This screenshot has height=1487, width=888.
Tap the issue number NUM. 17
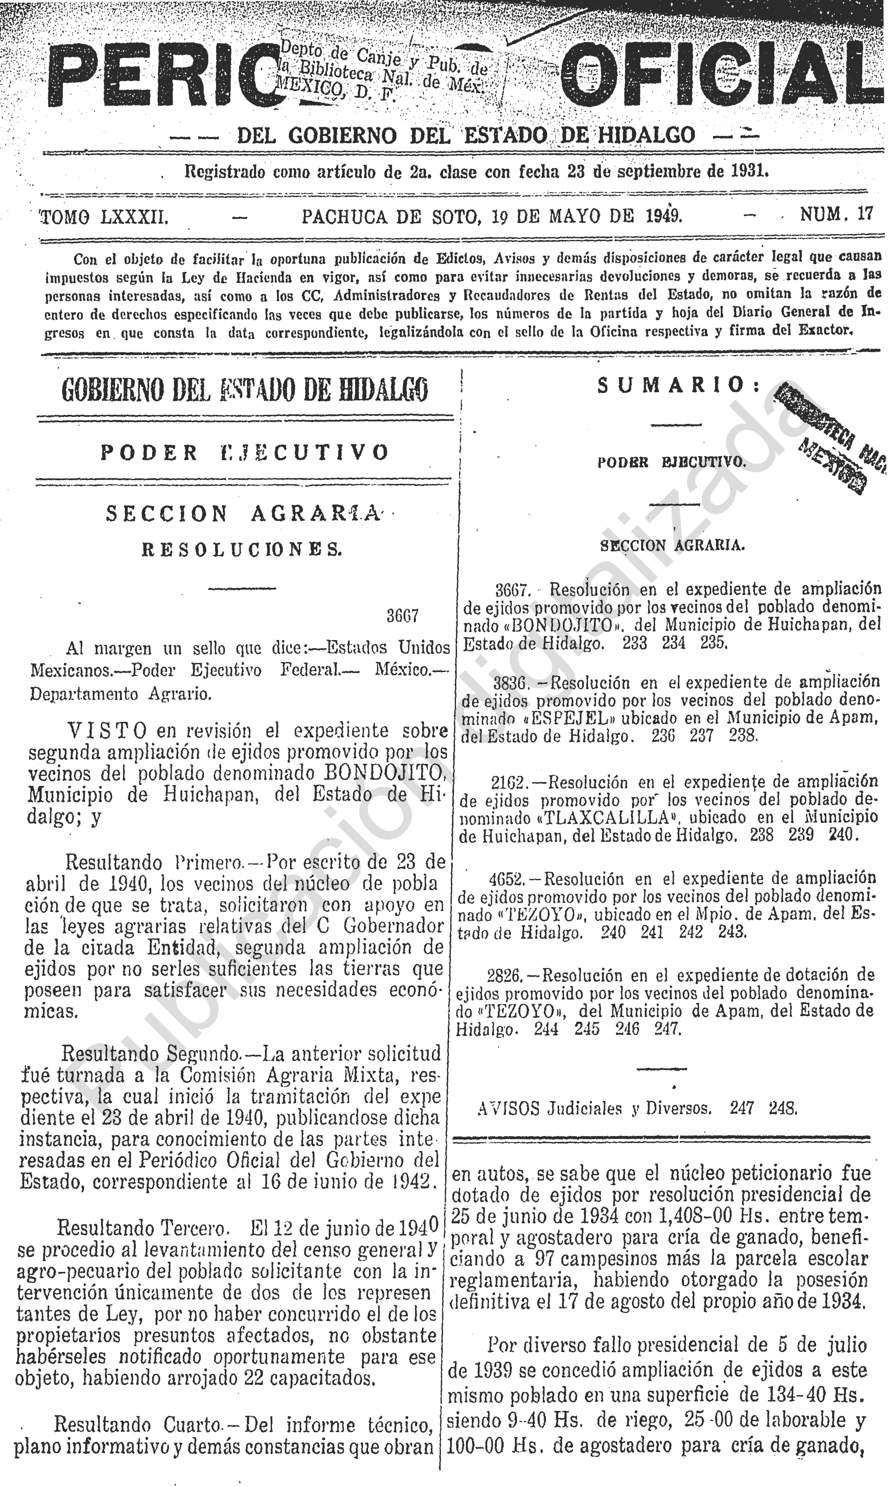point(836,214)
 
